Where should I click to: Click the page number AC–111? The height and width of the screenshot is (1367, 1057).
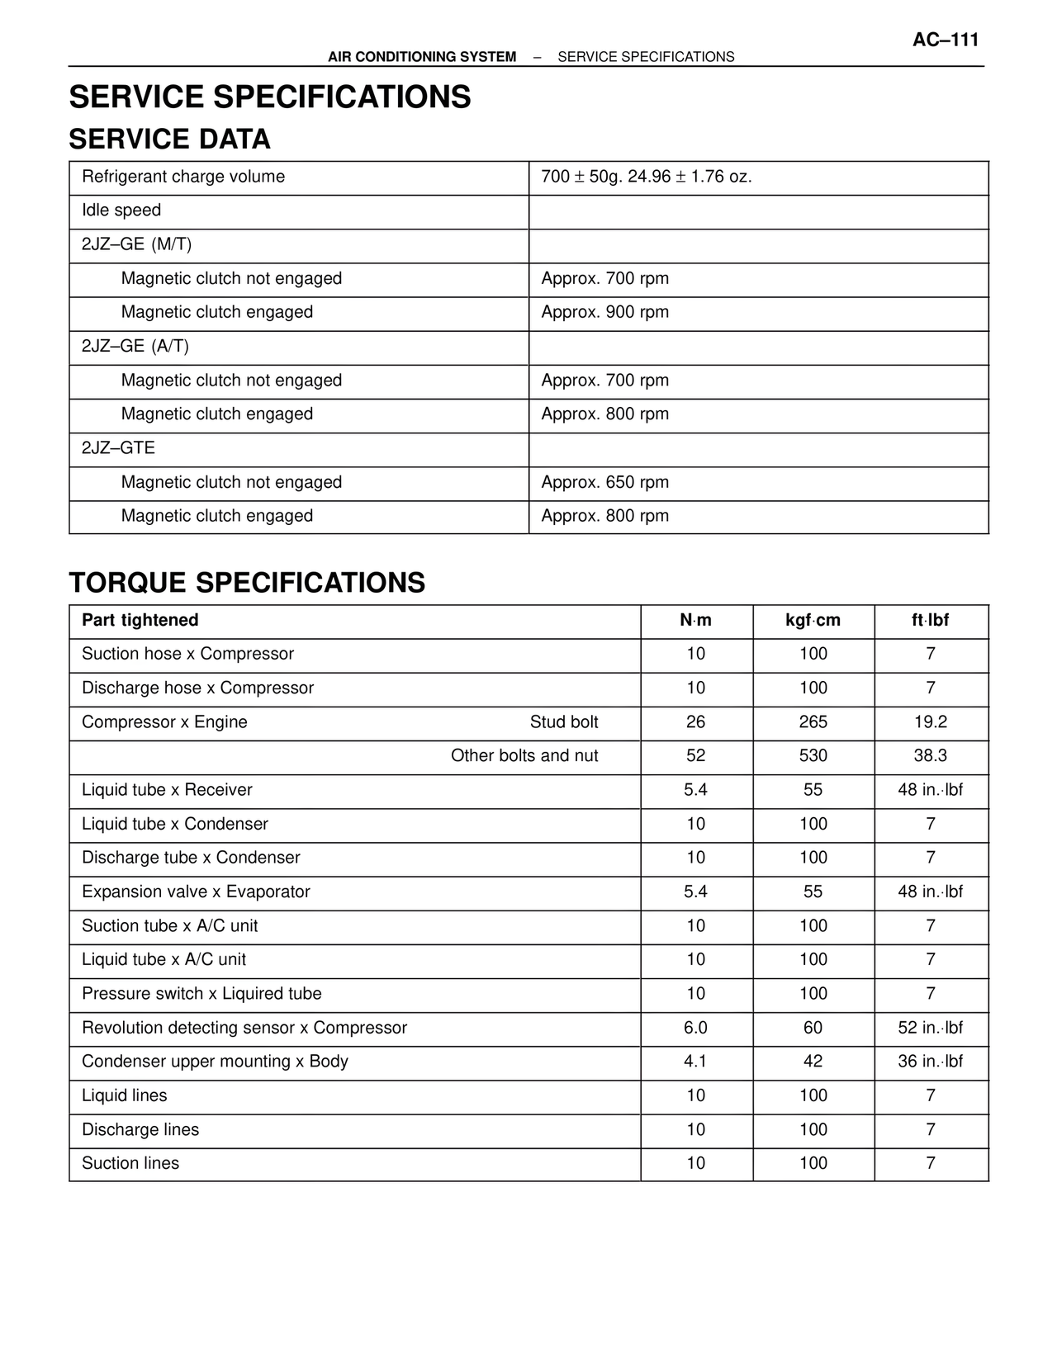click(x=945, y=40)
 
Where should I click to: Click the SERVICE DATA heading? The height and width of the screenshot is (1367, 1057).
click(x=169, y=139)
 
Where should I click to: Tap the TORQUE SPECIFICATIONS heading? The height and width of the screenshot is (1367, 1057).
click(x=247, y=583)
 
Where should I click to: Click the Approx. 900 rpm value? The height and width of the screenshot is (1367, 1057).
click(x=604, y=312)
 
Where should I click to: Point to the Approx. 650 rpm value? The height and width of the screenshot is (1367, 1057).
click(x=604, y=482)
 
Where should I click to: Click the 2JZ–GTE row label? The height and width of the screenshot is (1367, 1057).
click(x=118, y=448)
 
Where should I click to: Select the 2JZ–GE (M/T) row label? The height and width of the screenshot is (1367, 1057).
click(x=136, y=244)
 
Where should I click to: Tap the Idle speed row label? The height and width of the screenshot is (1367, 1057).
click(x=121, y=210)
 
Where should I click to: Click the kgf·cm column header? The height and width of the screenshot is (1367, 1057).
click(x=813, y=621)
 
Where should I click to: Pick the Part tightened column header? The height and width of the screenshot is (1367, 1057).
click(x=140, y=621)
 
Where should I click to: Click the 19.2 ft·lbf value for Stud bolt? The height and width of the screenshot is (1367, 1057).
click(x=930, y=722)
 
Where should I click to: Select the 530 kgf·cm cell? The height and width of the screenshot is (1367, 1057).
click(x=813, y=756)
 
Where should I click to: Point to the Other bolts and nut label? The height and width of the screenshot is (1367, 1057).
click(x=524, y=756)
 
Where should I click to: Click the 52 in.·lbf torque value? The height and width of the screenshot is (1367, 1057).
click(x=930, y=1028)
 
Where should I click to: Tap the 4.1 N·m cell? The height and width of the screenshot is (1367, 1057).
click(x=695, y=1062)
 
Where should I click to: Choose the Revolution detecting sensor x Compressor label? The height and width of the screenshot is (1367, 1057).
click(x=244, y=1028)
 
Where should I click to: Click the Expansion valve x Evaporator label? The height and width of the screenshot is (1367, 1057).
click(x=196, y=892)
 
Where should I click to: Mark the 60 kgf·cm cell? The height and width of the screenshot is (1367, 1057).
click(x=813, y=1028)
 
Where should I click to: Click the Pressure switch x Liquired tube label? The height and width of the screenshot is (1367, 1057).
click(x=201, y=994)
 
